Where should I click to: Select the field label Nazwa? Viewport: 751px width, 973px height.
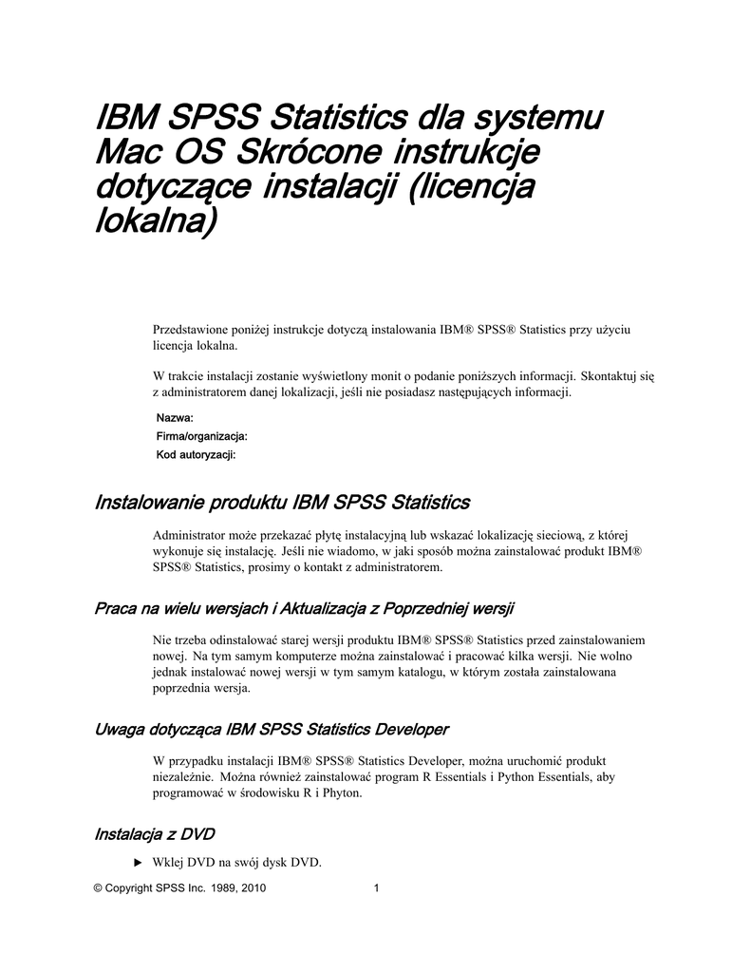(x=175, y=418)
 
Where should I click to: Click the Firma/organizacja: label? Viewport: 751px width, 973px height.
(x=201, y=436)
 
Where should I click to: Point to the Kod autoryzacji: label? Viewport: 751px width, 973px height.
(x=196, y=455)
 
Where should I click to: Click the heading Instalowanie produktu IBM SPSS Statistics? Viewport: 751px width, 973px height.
(x=282, y=502)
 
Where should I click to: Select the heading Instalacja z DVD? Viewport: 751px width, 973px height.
(x=155, y=834)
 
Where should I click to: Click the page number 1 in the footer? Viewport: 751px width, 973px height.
(x=377, y=889)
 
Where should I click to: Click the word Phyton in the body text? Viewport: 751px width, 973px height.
(x=341, y=792)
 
